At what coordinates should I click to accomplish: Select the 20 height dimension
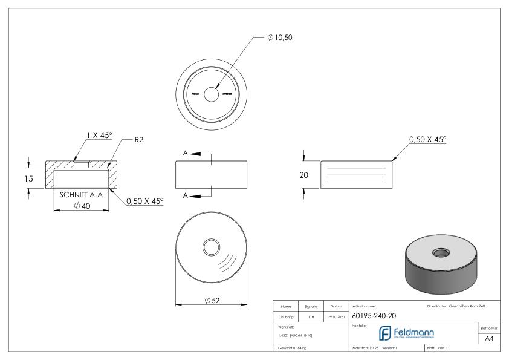pyautogui.click(x=305, y=175)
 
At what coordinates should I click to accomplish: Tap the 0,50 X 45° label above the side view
pyautogui.click(x=427, y=139)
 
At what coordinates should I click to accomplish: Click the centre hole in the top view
pyautogui.click(x=211, y=95)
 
